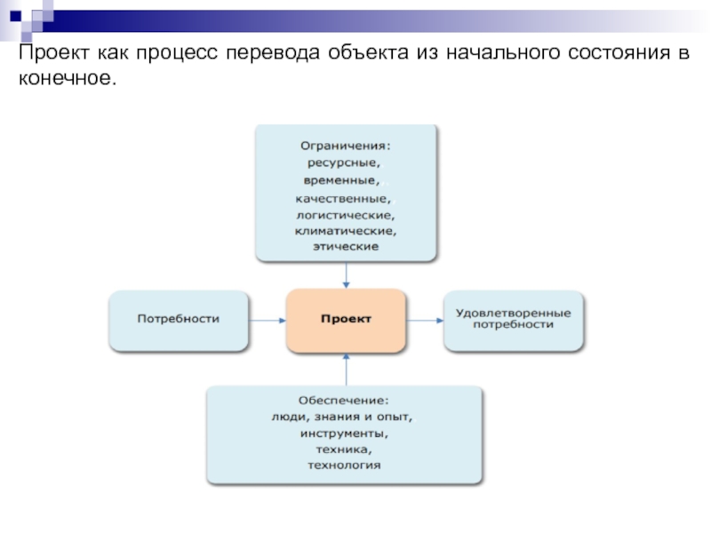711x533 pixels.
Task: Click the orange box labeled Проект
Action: (346, 321)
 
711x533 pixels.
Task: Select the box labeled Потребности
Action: (179, 321)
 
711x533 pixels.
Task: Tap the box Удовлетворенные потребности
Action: (514, 321)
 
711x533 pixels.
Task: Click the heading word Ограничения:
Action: (346, 146)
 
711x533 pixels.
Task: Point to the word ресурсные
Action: (344, 163)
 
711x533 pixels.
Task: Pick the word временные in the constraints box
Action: (341, 180)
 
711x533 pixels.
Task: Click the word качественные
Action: (343, 198)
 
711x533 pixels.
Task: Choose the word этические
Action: (346, 247)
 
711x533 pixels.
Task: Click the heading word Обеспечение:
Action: (344, 401)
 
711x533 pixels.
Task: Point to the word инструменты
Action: (344, 434)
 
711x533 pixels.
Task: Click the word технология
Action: (344, 465)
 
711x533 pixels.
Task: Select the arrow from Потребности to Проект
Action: (268, 321)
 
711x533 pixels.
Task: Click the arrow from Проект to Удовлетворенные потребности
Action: (425, 321)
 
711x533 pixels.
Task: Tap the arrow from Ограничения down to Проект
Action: (347, 275)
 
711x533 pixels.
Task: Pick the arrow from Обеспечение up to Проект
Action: (347, 370)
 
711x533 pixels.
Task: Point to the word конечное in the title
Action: (68, 78)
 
